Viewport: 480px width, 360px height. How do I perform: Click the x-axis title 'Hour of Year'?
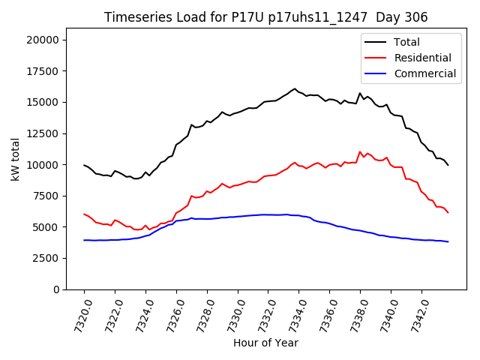point(265,343)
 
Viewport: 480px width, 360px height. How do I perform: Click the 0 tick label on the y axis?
point(64,289)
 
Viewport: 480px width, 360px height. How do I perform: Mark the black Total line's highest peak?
point(295,88)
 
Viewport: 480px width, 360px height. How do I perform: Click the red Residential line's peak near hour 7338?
point(360,151)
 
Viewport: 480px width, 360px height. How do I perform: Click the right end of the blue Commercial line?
point(448,241)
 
